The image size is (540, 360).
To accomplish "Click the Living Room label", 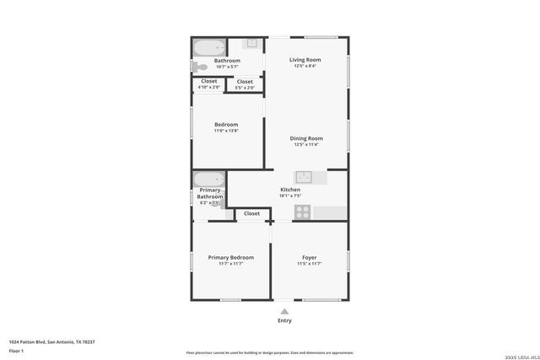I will tap(305, 60).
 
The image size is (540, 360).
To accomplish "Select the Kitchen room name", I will tap(290, 191).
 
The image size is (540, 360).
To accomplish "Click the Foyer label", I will tap(309, 257).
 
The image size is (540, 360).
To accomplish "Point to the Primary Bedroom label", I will tap(230, 257).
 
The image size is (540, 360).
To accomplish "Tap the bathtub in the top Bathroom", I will tap(208, 47).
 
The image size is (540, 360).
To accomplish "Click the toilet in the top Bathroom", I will tap(200, 67).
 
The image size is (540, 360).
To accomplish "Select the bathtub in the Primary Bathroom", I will tap(208, 179).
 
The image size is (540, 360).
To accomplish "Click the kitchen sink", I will tap(304, 177).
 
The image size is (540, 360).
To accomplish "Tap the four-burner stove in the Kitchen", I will tap(302, 212).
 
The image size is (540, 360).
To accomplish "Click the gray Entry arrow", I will tap(284, 311).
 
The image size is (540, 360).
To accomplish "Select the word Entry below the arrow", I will tap(284, 320).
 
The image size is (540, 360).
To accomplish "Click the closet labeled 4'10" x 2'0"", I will tap(208, 83).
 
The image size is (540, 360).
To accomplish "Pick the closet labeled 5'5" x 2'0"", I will tap(245, 83).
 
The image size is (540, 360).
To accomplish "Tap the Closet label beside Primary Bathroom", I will tap(251, 214).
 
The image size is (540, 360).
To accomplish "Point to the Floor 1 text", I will tap(16, 351).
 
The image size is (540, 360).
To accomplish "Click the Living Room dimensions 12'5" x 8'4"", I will tap(305, 66).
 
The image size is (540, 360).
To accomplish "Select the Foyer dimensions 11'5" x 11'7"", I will tap(309, 264).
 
